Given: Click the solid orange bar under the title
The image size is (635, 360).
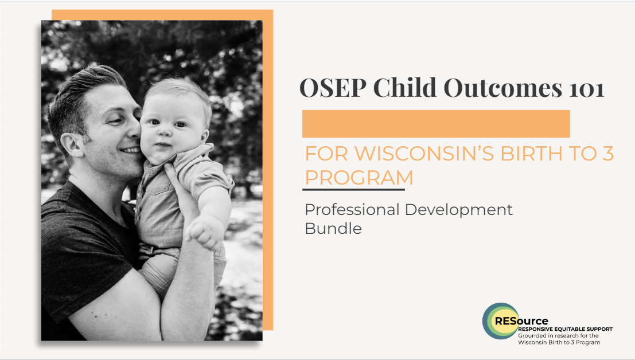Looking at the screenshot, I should [x=436, y=123].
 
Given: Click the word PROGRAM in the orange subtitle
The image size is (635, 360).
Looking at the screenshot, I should [x=359, y=178].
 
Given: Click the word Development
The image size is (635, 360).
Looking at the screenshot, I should [x=459, y=210].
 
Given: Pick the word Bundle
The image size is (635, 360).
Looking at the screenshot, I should [x=333, y=228].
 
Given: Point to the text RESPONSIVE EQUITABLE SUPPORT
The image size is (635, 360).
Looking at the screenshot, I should [x=564, y=329].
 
